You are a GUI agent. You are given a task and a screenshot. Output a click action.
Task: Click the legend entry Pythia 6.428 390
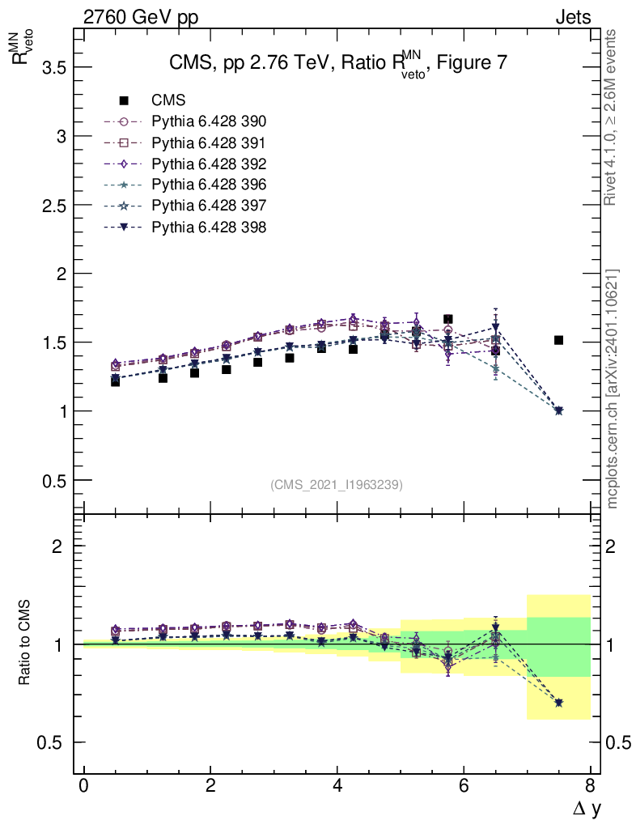pos(209,121)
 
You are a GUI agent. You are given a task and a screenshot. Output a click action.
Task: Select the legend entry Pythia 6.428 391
pos(209,142)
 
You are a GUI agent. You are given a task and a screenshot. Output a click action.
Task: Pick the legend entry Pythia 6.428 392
pos(209,164)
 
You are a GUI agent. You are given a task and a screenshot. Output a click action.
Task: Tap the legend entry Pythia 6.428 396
pos(209,185)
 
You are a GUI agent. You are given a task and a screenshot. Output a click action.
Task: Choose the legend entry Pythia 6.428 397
pos(209,206)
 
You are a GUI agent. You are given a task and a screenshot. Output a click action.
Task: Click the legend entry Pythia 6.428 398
pos(209,227)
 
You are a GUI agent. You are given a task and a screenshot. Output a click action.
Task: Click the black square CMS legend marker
pos(124,100)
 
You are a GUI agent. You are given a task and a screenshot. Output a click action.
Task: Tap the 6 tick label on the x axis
pos(464,786)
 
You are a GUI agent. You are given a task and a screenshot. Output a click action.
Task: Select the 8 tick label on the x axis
pos(590,786)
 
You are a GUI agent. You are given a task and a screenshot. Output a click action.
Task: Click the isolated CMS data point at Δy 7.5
pos(558,340)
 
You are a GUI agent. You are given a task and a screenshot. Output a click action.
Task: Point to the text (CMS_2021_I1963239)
pos(337,484)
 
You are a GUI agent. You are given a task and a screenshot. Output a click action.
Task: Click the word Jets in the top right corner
pos(572,17)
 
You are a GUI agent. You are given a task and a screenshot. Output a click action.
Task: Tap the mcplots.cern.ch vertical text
pos(613,389)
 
